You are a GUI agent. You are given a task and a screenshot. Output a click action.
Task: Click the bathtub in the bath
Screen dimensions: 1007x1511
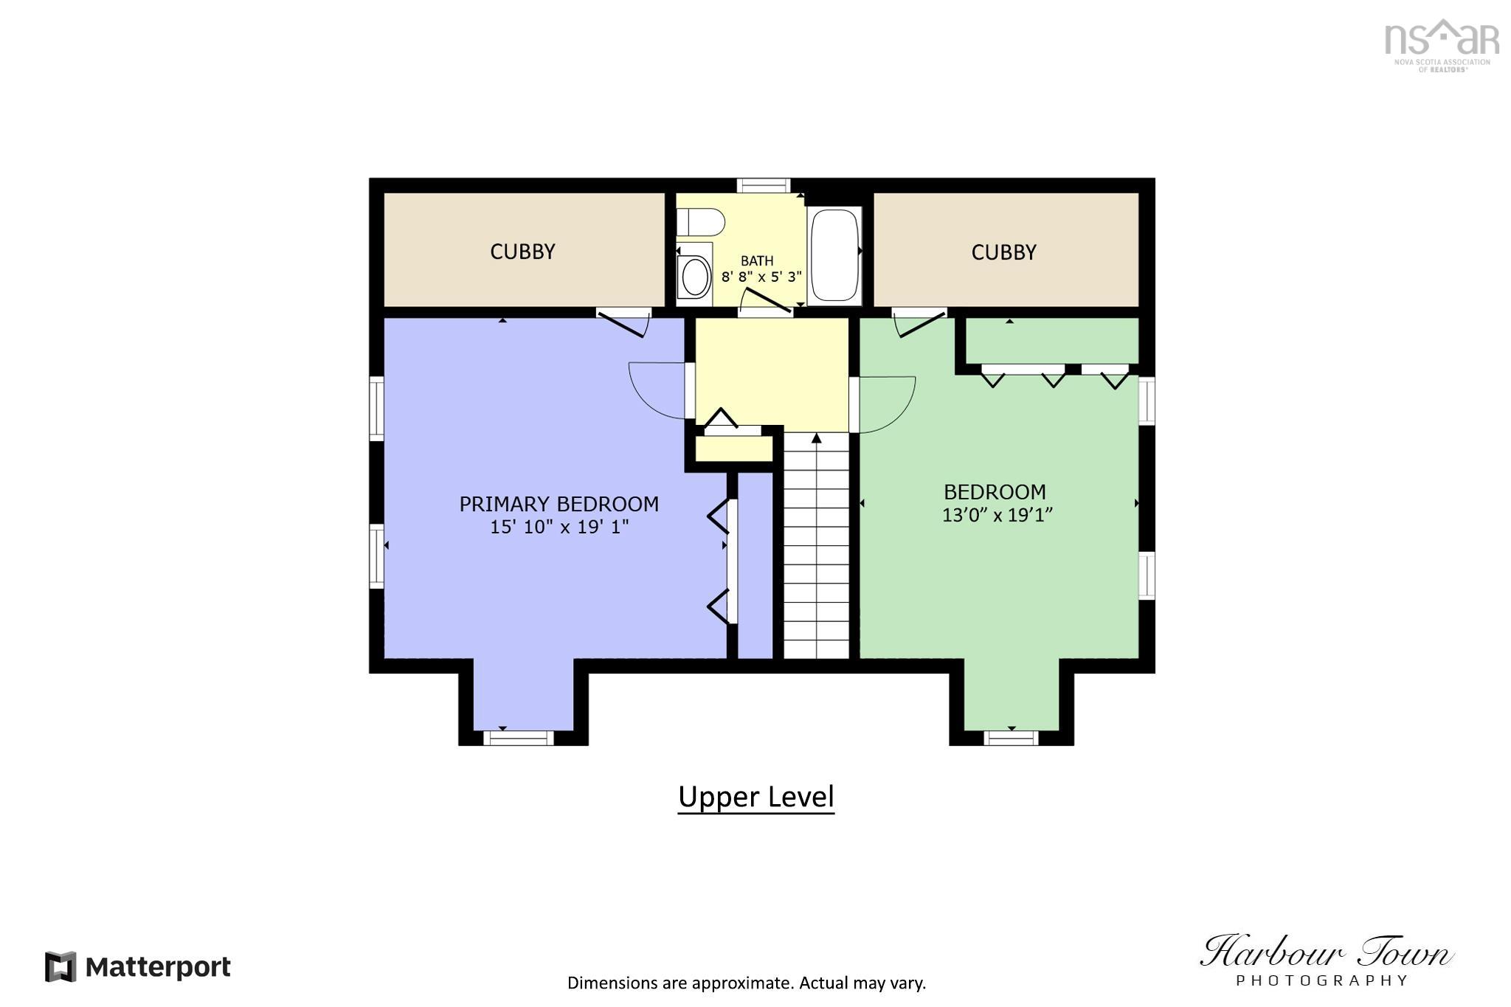834,255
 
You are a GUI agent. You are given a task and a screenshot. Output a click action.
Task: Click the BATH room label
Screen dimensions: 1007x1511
757,261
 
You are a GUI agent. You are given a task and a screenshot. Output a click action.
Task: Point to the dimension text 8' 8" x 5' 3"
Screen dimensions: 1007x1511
761,277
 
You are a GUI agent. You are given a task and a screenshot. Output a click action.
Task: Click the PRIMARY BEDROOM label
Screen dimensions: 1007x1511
559,505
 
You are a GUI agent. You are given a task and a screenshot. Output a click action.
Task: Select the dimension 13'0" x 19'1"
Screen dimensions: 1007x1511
997,515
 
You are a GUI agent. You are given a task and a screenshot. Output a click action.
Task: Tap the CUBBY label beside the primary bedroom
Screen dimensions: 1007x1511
522,252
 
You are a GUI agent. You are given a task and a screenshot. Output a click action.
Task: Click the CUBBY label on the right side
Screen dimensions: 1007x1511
1003,253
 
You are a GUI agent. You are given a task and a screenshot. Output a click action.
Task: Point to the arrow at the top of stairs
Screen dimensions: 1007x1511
816,439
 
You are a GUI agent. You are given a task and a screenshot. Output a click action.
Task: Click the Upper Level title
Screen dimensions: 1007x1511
755,797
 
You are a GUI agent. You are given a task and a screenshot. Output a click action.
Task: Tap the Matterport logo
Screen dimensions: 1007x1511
138,966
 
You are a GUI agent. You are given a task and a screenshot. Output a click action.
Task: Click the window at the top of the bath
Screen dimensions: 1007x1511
764,185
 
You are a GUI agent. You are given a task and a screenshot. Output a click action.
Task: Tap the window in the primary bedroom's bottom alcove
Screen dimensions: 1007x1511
518,738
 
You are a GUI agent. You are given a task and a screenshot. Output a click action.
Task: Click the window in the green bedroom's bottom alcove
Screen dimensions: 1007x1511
1011,738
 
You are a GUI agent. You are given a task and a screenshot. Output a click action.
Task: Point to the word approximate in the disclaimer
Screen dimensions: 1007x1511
743,983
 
